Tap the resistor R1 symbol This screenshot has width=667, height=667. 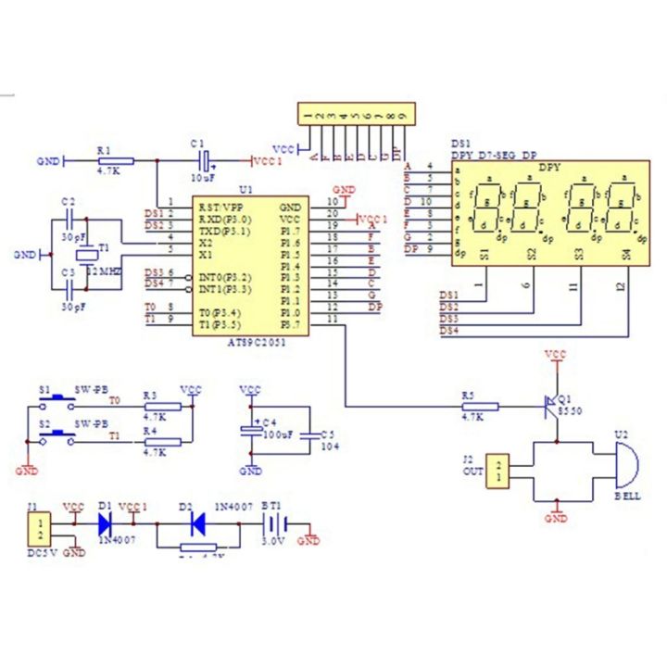coord(115,160)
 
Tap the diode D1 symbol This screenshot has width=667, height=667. coord(106,522)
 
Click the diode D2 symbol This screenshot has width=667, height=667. coord(197,522)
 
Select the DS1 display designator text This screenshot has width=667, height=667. coord(460,144)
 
